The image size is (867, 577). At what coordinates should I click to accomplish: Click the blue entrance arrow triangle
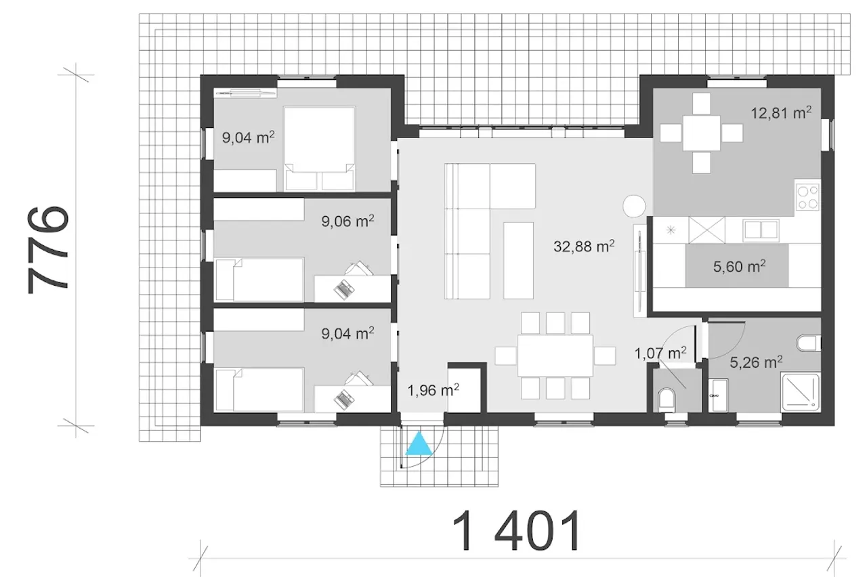pyautogui.click(x=419, y=444)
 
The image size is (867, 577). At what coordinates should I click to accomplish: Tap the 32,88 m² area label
pyautogui.click(x=584, y=246)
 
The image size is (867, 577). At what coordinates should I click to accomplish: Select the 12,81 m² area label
pyautogui.click(x=781, y=113)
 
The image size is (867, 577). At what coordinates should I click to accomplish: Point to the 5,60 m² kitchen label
pyautogui.click(x=739, y=266)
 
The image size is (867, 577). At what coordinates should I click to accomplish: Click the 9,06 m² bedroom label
pyautogui.click(x=347, y=221)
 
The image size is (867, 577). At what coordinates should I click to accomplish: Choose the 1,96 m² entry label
pyautogui.click(x=433, y=390)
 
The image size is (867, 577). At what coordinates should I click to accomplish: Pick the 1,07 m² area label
pyautogui.click(x=660, y=353)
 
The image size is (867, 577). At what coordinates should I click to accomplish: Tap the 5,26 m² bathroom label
pyautogui.click(x=756, y=362)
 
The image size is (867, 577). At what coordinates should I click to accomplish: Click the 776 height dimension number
pyautogui.click(x=48, y=251)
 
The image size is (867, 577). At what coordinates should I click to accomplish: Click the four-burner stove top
pyautogui.click(x=808, y=197)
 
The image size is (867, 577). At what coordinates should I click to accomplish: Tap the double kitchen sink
pyautogui.click(x=761, y=230)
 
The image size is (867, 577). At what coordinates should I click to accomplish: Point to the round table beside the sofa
pyautogui.click(x=634, y=206)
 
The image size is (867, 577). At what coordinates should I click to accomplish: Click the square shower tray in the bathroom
pyautogui.click(x=801, y=391)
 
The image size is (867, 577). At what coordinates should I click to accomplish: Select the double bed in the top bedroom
pyautogui.click(x=319, y=148)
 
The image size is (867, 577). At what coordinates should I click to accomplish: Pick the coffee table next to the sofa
pyautogui.click(x=518, y=261)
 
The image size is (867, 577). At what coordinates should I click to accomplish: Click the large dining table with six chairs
pyautogui.click(x=555, y=356)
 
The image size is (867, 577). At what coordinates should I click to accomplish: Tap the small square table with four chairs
pyautogui.click(x=701, y=133)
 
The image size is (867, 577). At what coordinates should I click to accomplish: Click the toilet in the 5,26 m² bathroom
pyautogui.click(x=809, y=343)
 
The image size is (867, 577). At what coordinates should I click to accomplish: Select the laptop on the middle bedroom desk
pyautogui.click(x=344, y=289)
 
